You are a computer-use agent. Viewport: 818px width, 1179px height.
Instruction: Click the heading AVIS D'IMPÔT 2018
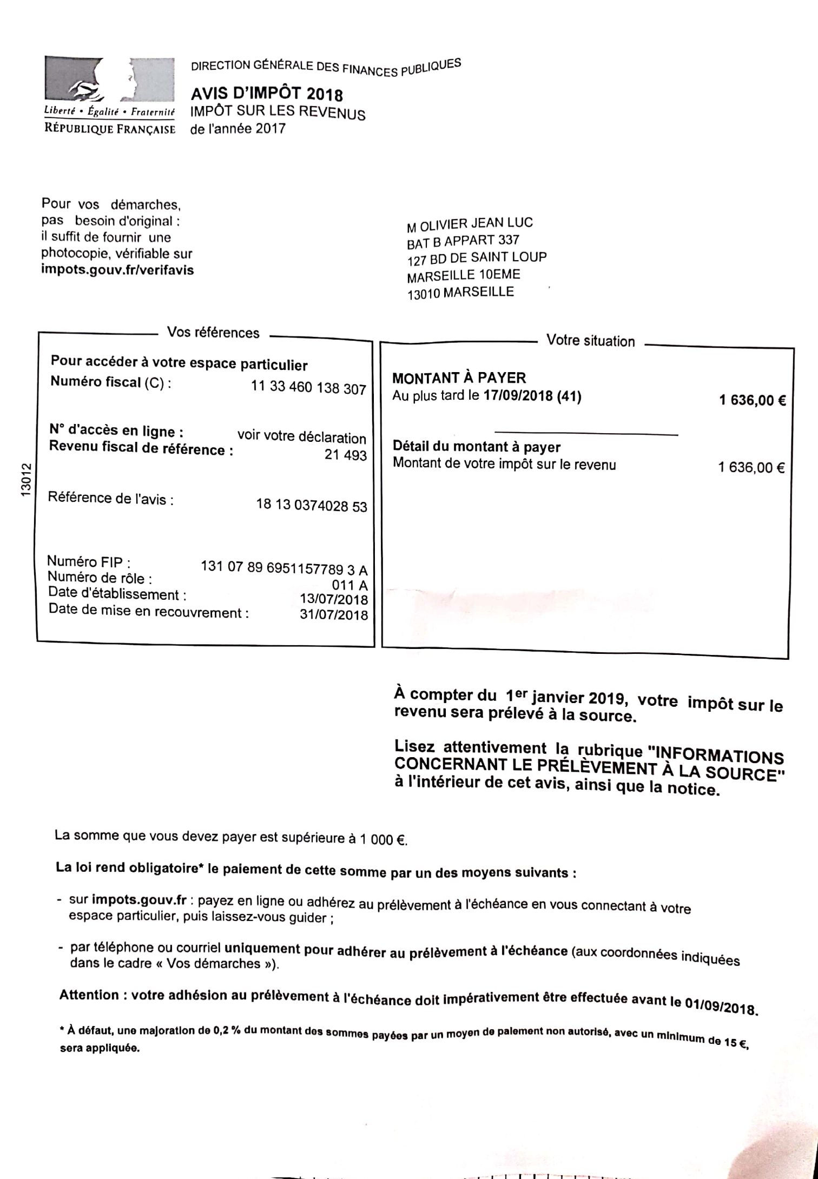pos(267,95)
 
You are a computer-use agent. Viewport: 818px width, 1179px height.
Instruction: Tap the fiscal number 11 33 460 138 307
pos(308,387)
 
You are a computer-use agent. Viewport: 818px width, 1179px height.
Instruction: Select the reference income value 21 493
pos(345,455)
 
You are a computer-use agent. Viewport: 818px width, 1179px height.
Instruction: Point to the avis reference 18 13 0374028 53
pos(311,506)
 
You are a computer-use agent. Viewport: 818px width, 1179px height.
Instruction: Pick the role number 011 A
pos(349,585)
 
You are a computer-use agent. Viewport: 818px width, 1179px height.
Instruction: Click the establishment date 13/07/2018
pos(334,599)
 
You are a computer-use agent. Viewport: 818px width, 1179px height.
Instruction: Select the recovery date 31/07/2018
pos(334,615)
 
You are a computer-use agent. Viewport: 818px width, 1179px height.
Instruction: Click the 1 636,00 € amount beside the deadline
pos(752,401)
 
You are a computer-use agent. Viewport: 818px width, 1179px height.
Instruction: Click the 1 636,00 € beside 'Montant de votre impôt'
pos(751,467)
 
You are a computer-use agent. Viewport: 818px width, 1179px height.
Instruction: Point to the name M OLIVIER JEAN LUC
pos(470,224)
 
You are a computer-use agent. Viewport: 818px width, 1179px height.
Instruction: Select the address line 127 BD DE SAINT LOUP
pos(477,258)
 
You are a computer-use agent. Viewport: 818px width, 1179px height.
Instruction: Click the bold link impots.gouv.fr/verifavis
pos(117,269)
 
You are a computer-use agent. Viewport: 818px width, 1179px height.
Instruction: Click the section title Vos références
pos(213,332)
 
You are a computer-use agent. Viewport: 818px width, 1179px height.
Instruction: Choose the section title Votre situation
pos(590,341)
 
